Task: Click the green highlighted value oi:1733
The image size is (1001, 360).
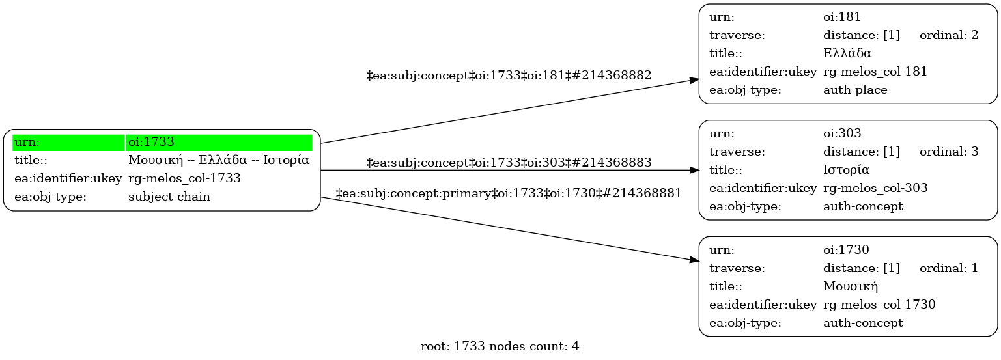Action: pos(151,142)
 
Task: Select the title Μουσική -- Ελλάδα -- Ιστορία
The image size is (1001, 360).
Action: pos(218,160)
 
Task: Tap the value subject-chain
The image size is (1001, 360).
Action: pos(169,197)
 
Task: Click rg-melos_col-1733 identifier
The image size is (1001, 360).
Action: pos(184,178)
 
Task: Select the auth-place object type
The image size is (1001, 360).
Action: pos(855,90)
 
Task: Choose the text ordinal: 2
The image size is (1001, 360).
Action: pos(948,35)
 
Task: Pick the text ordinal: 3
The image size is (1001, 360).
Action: pos(948,152)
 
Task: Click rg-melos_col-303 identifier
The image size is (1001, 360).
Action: pos(875,188)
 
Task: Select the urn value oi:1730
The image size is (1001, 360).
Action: pos(846,249)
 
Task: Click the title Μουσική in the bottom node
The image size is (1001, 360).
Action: pos(851,286)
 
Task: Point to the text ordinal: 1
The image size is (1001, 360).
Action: pos(948,268)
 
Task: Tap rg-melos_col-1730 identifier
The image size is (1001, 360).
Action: pos(879,304)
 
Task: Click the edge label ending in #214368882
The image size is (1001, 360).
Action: pos(509,76)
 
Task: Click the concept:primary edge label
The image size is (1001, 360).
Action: pos(508,193)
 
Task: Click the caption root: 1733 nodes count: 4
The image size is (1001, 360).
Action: pos(500,346)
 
